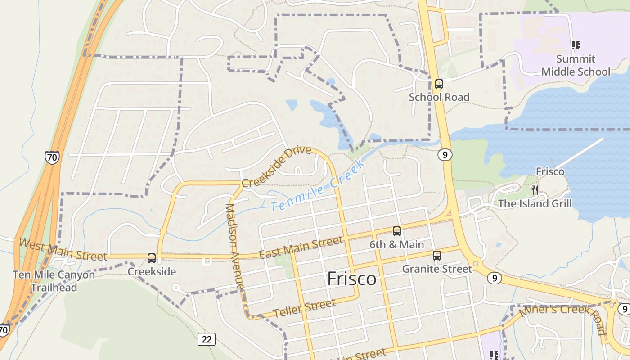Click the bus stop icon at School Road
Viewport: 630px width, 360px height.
(439, 84)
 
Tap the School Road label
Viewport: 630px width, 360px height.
(439, 97)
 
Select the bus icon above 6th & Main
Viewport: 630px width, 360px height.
(396, 231)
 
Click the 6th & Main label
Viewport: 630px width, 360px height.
(396, 245)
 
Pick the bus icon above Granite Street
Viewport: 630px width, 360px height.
(436, 256)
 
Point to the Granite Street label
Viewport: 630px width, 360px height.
(437, 269)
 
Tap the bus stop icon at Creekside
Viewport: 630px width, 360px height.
(152, 258)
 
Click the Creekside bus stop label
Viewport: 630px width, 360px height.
(152, 272)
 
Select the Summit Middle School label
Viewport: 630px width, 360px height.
(576, 65)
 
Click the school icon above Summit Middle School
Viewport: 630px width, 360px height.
(576, 45)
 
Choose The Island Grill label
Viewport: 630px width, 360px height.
(535, 203)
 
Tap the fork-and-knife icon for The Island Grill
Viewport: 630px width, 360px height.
(535, 190)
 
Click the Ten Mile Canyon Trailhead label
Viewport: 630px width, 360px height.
(54, 281)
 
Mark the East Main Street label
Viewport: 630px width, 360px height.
(301, 248)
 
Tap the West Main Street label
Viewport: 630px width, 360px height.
(63, 251)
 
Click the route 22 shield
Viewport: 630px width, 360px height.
(207, 339)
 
